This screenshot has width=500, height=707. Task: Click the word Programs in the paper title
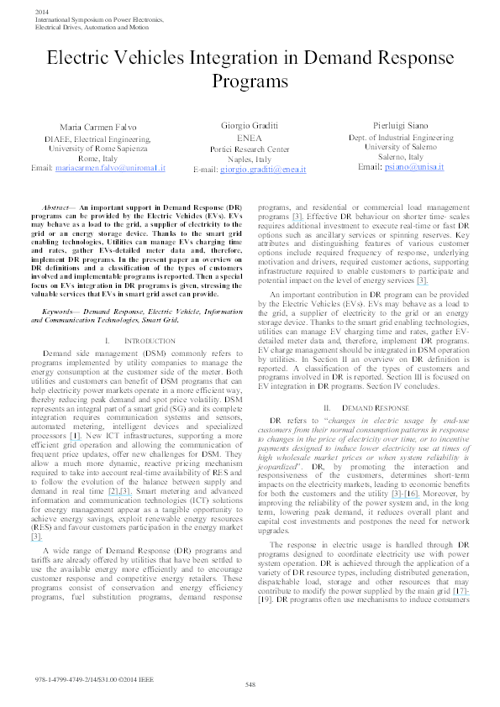[x=250, y=84]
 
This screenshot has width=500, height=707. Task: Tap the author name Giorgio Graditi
[x=250, y=123]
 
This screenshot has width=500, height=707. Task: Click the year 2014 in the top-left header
[x=42, y=10]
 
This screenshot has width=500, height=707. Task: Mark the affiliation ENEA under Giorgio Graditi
[x=250, y=138]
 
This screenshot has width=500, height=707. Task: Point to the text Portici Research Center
[x=250, y=149]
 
